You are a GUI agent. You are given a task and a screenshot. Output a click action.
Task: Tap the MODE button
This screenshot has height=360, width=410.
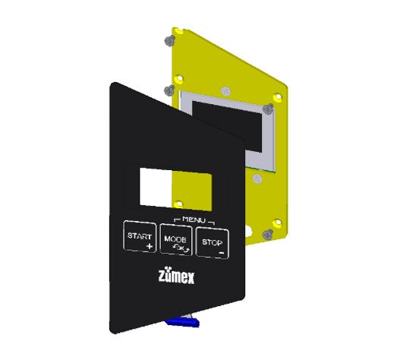pos(176,239)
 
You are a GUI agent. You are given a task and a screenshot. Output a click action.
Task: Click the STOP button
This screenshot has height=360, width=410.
pos(213,242)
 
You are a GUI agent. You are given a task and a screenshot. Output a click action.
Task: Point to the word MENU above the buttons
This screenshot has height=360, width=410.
pos(194,219)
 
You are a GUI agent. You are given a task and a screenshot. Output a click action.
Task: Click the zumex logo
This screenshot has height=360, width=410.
pos(176,275)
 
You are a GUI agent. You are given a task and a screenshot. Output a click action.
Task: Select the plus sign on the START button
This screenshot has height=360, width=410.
pos(150,246)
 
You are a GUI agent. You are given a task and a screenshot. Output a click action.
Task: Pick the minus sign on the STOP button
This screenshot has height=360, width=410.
pos(222,253)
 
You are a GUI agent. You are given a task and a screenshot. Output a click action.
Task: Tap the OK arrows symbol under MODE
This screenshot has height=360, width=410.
pos(181,248)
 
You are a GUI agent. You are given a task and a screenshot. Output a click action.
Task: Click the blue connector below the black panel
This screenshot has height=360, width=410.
pos(183,321)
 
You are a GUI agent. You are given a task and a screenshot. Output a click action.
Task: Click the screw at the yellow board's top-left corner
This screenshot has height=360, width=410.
pos(170,40)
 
